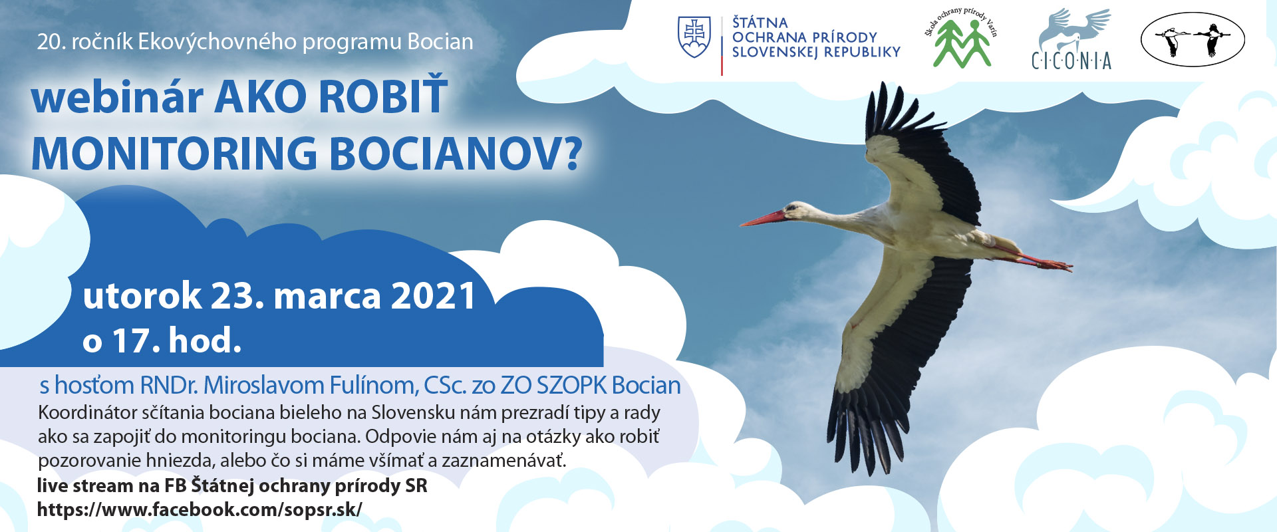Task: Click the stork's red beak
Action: [x=764, y=218]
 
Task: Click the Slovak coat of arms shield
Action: [x=694, y=37]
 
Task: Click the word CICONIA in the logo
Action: [x=1071, y=61]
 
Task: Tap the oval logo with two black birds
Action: [x=1193, y=39]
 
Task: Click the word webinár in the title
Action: [x=117, y=97]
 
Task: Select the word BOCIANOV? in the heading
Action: [x=456, y=154]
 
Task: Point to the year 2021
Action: [x=434, y=296]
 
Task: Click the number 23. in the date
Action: [x=237, y=296]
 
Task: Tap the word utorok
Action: [x=142, y=296]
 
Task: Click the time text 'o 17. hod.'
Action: [x=162, y=340]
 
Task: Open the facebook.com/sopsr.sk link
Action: [x=200, y=509]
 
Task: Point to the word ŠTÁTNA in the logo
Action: [x=760, y=23]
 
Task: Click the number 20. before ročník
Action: [x=51, y=42]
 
